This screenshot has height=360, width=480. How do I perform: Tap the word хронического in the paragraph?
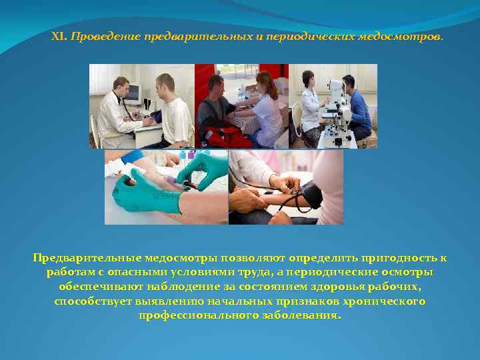pos(385,302)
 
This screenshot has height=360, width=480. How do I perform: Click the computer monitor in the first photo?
pos(131,93)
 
